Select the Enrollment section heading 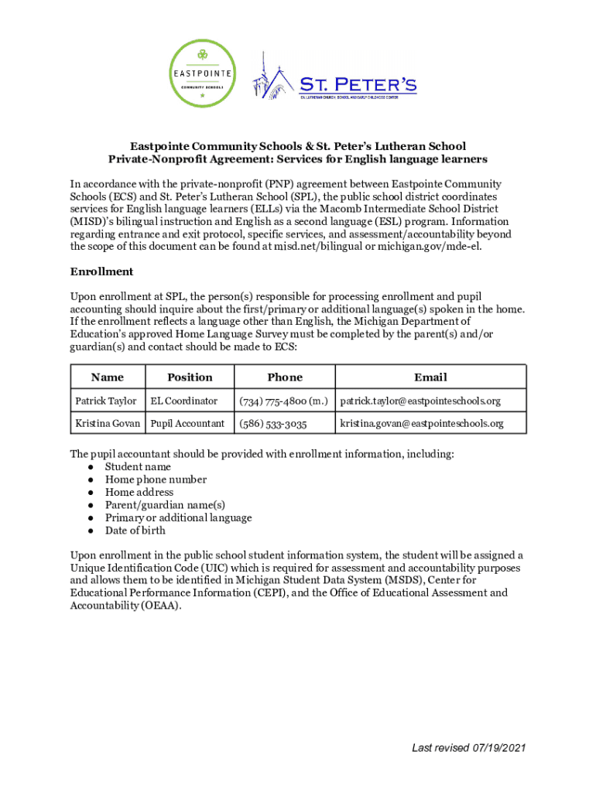[102, 271]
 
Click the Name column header [107, 377]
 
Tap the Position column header [190, 377]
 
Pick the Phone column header [285, 377]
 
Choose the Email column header [430, 377]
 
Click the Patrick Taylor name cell [106, 401]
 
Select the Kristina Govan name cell [108, 423]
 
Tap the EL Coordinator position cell [184, 401]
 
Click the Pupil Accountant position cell [188, 423]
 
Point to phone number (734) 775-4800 [284, 401]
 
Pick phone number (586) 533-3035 [273, 423]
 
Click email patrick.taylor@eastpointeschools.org [420, 401]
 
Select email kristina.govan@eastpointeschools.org [422, 423]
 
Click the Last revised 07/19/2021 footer [469, 748]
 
